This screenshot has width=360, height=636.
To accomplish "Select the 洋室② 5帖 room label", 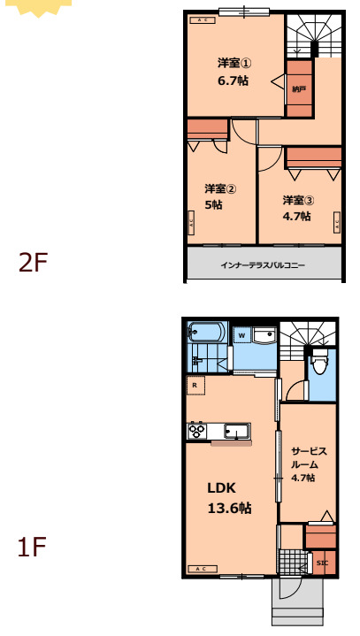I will tap(219, 196).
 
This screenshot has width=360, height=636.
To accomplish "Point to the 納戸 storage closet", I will tap(299, 88).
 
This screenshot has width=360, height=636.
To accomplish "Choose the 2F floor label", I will tap(33, 263).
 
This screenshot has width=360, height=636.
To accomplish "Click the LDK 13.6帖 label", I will tap(229, 497).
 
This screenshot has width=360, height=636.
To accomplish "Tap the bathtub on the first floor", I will tap(207, 333).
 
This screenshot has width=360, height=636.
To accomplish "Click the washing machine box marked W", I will tap(241, 335).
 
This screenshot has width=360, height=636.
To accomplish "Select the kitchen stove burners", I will tap(196, 431).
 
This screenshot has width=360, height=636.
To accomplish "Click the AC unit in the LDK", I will tap(201, 568).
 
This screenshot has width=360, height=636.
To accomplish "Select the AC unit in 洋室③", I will tap(337, 223).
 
